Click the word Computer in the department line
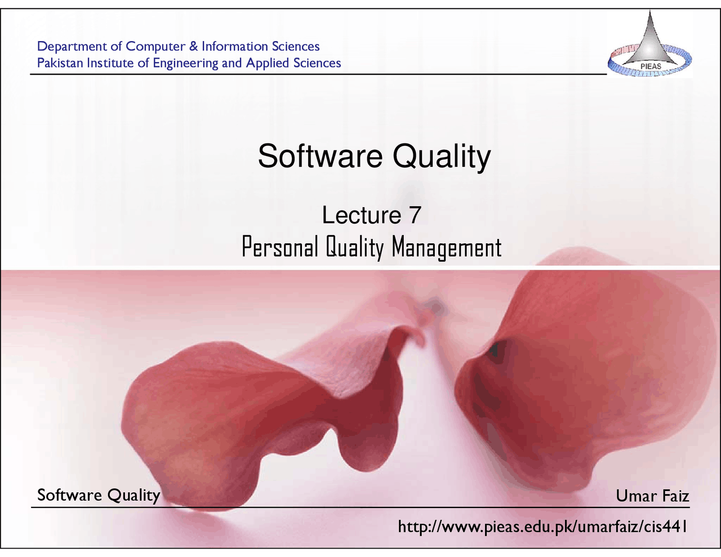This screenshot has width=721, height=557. (155, 46)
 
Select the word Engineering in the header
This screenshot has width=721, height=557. (185, 64)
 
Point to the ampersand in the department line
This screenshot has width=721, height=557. (193, 46)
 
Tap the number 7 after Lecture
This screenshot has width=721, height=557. (415, 215)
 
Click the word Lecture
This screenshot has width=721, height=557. (361, 215)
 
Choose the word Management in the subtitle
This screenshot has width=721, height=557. (446, 248)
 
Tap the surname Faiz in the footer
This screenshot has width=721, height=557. (675, 496)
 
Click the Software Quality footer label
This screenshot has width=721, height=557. (99, 495)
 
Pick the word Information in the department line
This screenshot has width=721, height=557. (235, 46)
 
